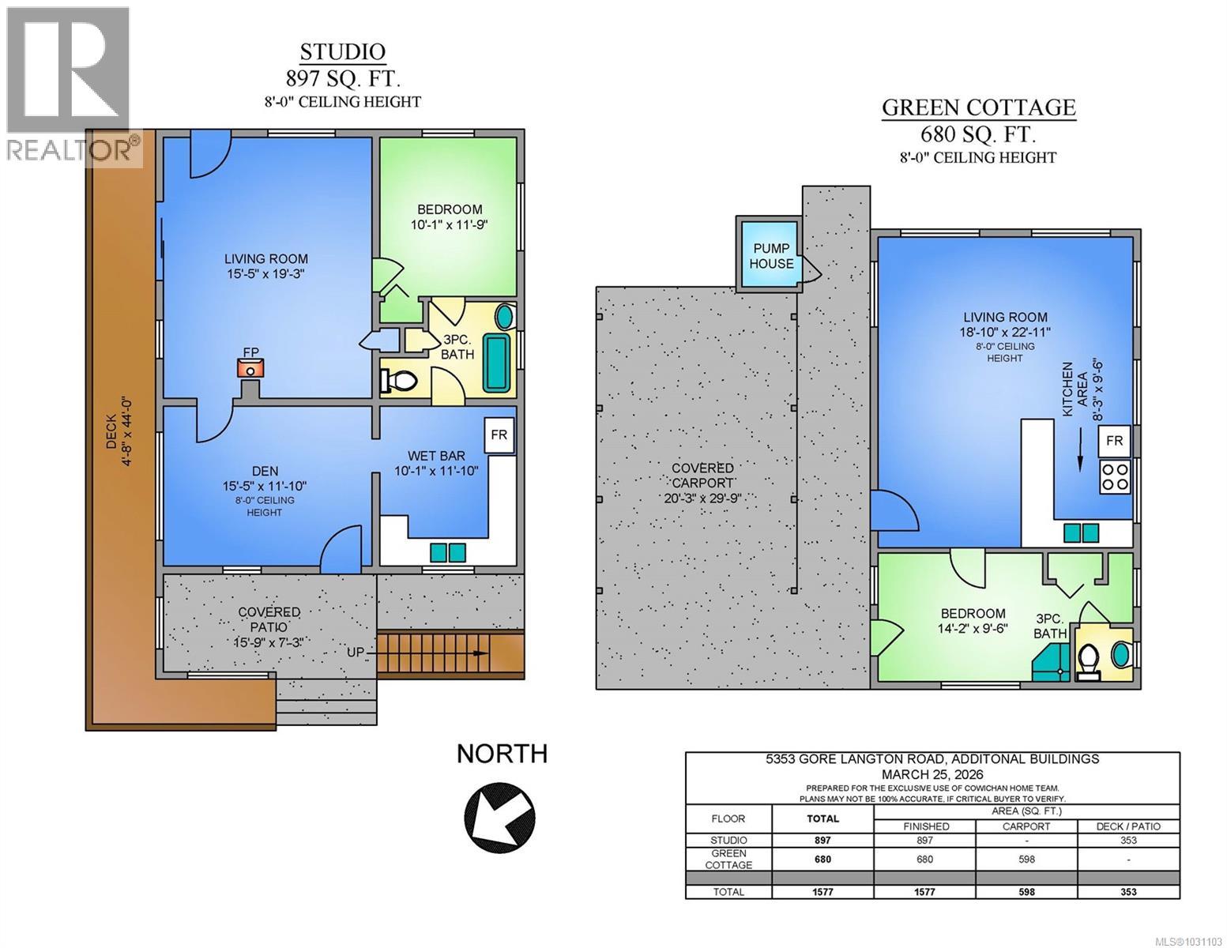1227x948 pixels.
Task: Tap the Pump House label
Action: (x=771, y=256)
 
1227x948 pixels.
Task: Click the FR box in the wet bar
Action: (x=499, y=436)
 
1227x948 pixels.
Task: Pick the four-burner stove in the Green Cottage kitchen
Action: (x=1115, y=477)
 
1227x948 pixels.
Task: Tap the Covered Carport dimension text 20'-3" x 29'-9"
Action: (x=702, y=498)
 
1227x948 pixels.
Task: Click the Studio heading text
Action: (x=343, y=52)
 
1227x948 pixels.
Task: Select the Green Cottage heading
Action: (x=978, y=107)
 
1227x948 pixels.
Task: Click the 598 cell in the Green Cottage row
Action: (x=1026, y=860)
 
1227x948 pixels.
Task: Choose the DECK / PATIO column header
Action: (x=1128, y=826)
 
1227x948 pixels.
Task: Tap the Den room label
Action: (x=265, y=472)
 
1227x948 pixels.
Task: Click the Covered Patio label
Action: (x=269, y=612)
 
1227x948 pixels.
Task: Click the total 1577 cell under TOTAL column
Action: (x=822, y=891)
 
